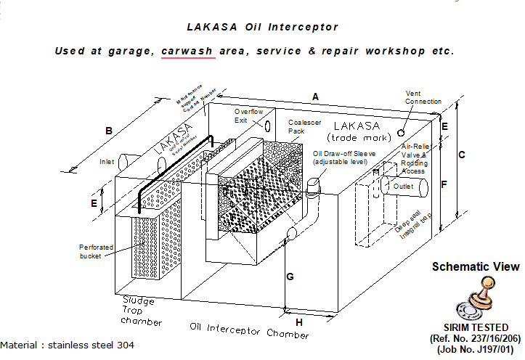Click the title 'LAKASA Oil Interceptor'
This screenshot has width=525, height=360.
[262, 27]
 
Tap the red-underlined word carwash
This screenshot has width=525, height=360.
[188, 52]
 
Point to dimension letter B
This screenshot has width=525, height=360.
[108, 131]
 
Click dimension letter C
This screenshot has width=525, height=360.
[460, 155]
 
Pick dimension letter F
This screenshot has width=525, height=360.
[444, 184]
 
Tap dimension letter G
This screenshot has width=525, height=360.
[290, 277]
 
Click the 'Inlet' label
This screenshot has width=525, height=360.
[107, 162]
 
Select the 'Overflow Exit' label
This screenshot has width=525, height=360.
[248, 115]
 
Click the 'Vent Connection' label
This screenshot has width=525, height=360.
[423, 97]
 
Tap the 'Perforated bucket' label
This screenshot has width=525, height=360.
[97, 252]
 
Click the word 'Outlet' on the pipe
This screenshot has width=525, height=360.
[403, 187]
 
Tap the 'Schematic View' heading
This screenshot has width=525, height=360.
[476, 266]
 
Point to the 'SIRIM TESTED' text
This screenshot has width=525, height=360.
[476, 327]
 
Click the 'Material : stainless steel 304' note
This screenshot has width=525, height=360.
[68, 345]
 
